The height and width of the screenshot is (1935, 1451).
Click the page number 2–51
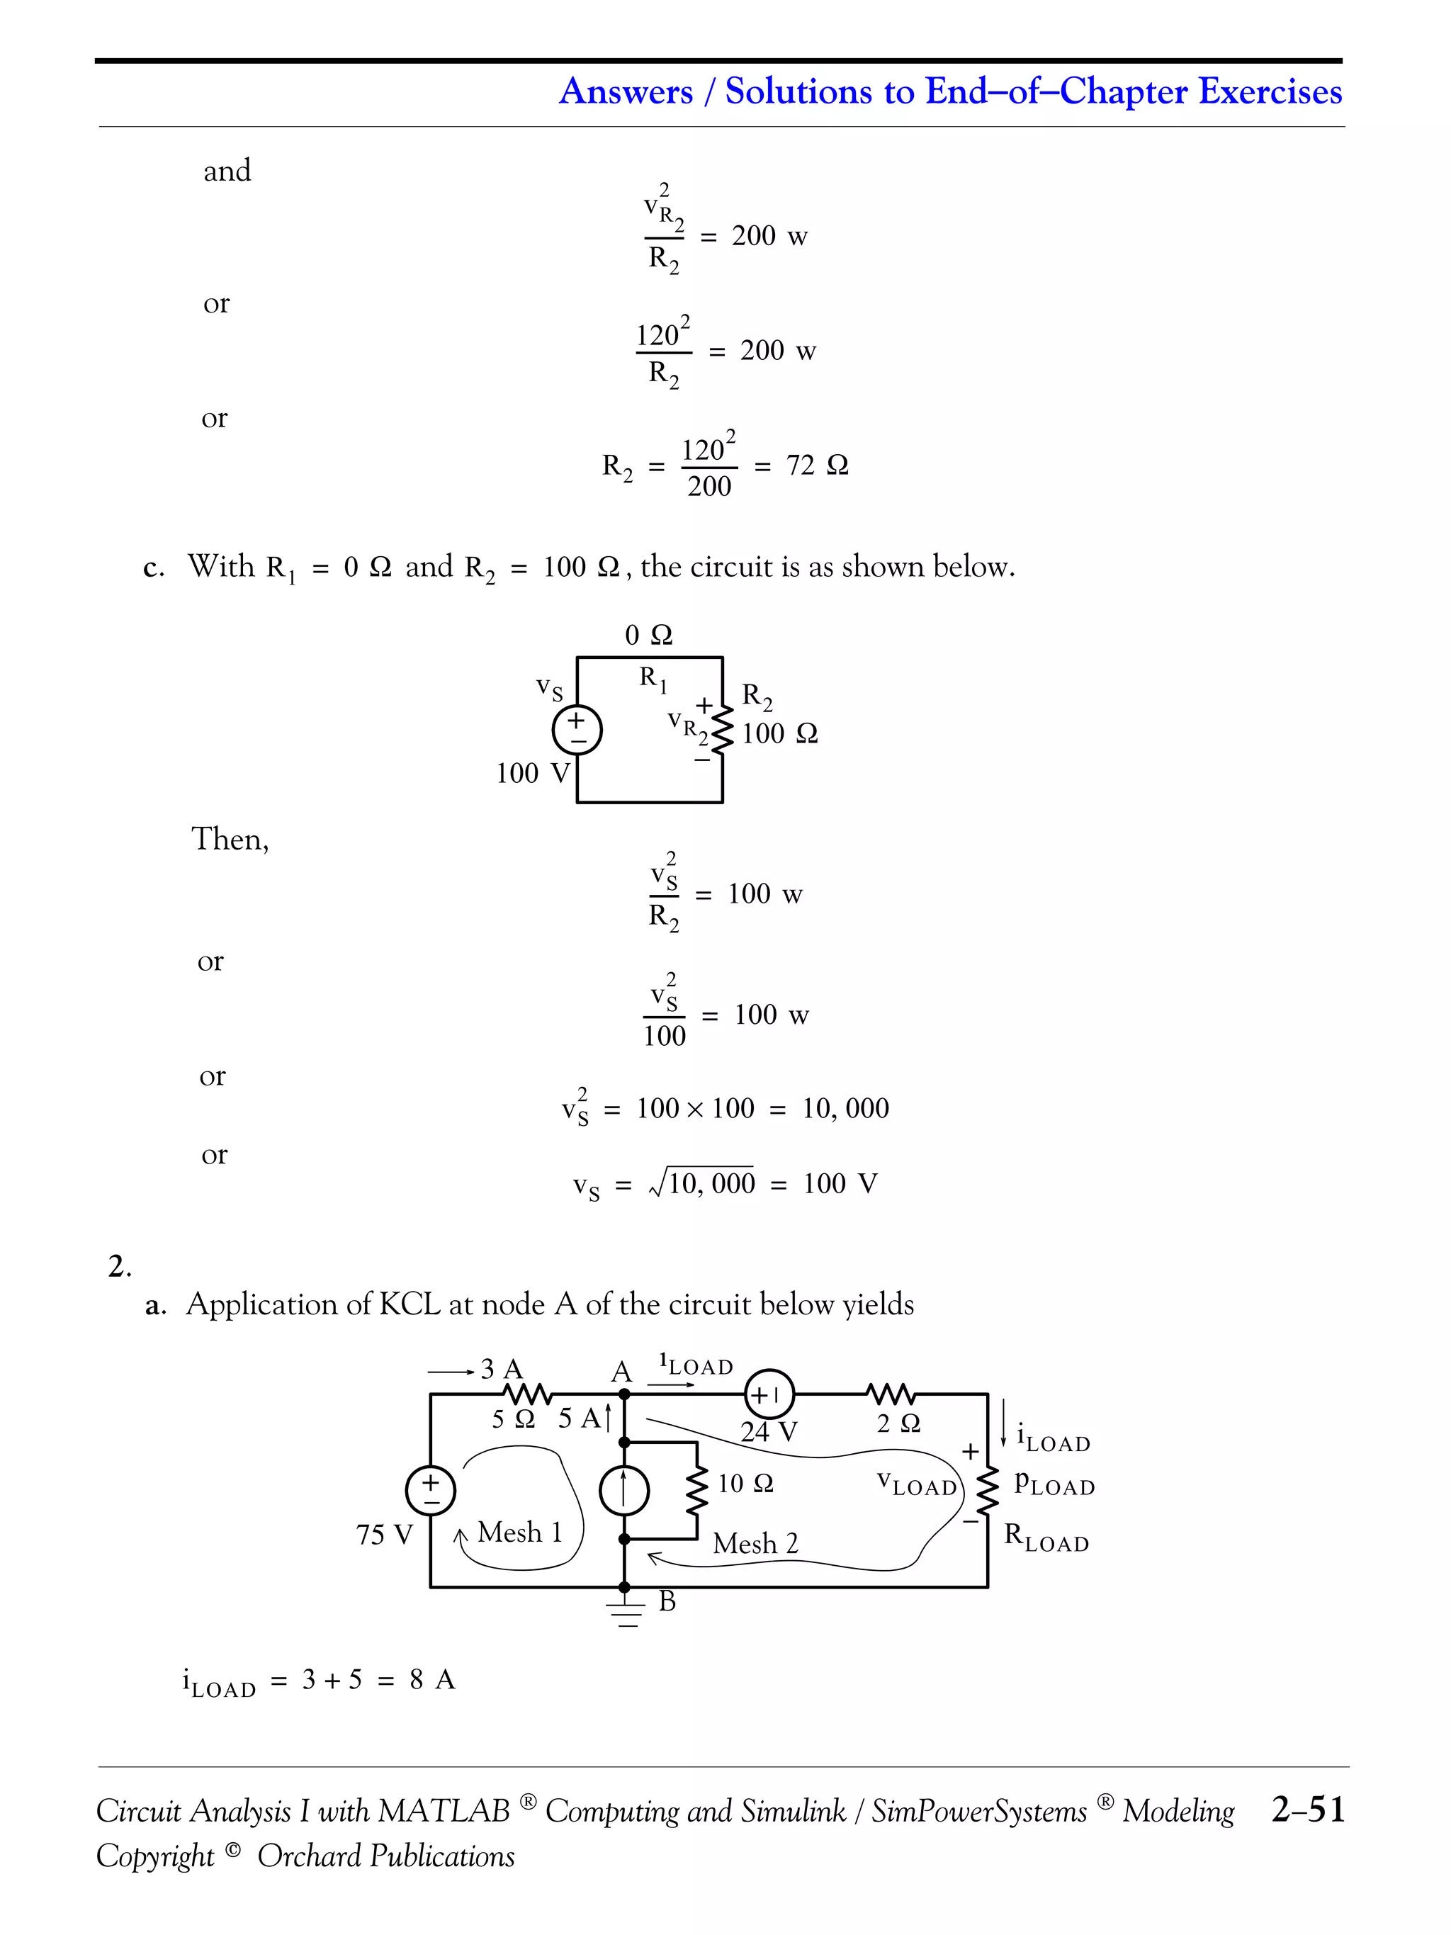click(1308, 1808)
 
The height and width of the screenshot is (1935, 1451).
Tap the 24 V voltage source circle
click(768, 1394)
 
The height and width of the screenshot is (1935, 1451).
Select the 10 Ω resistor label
click(745, 1484)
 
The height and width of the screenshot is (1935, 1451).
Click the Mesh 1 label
click(519, 1532)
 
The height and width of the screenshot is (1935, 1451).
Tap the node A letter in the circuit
click(621, 1372)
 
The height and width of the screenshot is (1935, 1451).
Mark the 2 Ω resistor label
click(898, 1423)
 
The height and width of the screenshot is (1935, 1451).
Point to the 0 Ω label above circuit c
click(648, 635)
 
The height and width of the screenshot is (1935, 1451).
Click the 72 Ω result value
click(817, 466)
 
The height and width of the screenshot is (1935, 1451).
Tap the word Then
click(229, 839)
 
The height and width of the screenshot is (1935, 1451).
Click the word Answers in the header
click(626, 91)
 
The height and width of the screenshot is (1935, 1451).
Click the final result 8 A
click(432, 1679)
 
